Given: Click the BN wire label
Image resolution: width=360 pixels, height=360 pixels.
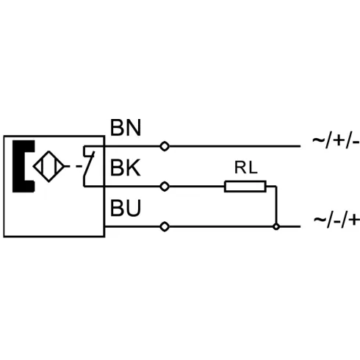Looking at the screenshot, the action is point(126,128).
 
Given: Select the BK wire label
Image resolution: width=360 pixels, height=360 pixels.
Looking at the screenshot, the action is point(126,168).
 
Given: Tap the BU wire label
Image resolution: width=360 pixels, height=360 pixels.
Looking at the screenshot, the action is point(126,208).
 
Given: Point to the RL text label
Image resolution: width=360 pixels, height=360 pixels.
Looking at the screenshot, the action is point(246,168).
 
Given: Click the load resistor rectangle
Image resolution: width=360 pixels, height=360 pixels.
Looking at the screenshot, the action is point(245,187).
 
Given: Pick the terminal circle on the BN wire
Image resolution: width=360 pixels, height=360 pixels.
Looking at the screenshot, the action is point(165,146).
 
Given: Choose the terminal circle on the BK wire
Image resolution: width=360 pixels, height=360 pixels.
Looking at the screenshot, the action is point(165,187).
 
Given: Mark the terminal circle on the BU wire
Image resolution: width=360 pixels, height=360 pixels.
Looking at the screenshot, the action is point(165,227).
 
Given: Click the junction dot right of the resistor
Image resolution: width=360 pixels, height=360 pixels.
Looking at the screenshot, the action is point(276,227).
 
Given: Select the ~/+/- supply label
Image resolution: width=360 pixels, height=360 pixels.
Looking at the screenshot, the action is point(336,142).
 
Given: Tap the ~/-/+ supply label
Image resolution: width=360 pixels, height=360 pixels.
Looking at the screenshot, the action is point(336,220).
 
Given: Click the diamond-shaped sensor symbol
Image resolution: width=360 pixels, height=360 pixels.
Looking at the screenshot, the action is point(48,167).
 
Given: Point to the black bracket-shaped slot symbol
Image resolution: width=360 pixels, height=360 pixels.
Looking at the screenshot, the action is point(18,166).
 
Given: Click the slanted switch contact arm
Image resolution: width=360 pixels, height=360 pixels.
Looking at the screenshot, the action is point(89,164).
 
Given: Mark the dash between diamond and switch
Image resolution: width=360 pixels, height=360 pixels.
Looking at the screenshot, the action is point(79,167).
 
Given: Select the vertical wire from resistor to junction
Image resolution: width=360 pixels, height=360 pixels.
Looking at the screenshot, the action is point(276,205).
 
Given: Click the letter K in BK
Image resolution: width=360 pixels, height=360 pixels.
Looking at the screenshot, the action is point(134,168).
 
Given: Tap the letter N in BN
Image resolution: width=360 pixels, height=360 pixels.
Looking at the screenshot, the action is point(134,128).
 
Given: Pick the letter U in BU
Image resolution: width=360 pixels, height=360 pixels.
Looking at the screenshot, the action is point(134,208).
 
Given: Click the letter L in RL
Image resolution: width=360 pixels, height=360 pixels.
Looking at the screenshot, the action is point(253,168).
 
